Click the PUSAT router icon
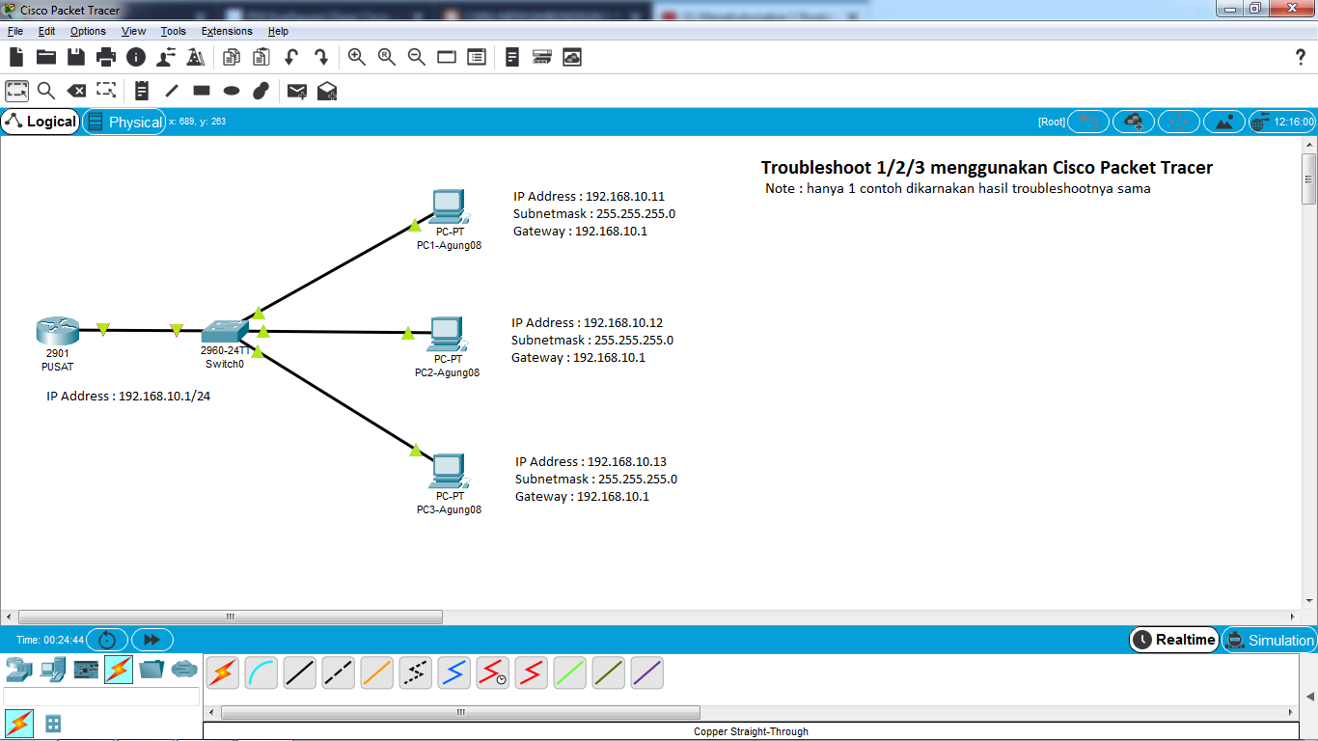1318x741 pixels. pyautogui.click(x=57, y=331)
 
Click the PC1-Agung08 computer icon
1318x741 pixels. pyautogui.click(x=449, y=206)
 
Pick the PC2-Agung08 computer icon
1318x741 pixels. pyautogui.click(x=447, y=333)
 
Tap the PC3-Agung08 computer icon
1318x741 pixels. pyautogui.click(x=449, y=470)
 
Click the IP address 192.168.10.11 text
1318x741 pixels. pyautogui.click(x=625, y=197)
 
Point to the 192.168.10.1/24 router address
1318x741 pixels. pyautogui.click(x=164, y=397)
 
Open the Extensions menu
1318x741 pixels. pyautogui.click(x=227, y=31)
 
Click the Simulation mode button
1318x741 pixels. pyautogui.click(x=1270, y=640)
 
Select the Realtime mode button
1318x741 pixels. pyautogui.click(x=1174, y=640)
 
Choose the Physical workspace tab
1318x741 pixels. pyautogui.click(x=124, y=122)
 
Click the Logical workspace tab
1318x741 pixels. pyautogui.click(x=41, y=122)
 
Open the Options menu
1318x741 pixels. pyautogui.click(x=88, y=31)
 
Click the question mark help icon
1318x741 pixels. pyautogui.click(x=1301, y=57)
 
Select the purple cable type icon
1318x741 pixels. pyautogui.click(x=646, y=672)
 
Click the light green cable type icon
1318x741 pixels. pyautogui.click(x=569, y=672)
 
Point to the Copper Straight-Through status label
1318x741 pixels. pyautogui.click(x=751, y=731)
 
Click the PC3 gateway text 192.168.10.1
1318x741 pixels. pyautogui.click(x=613, y=497)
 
